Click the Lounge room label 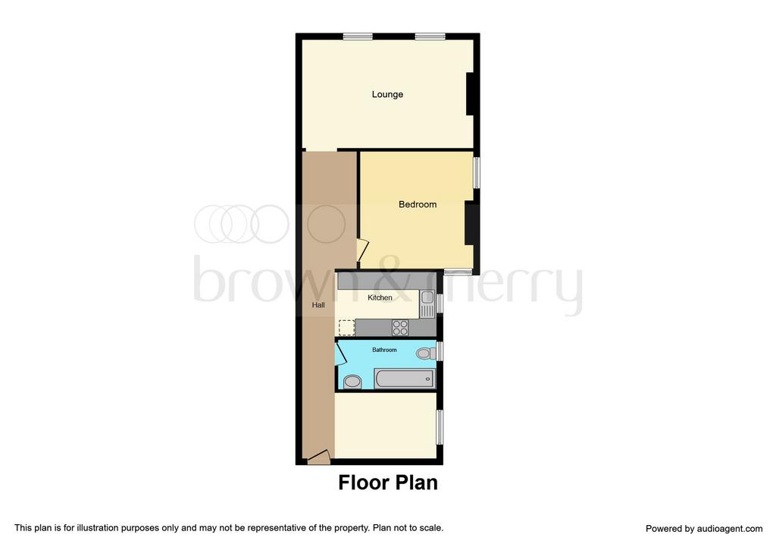pyautogui.click(x=387, y=94)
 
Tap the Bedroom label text pyautogui.click(x=418, y=204)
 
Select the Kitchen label pyautogui.click(x=380, y=297)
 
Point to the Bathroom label pyautogui.click(x=384, y=350)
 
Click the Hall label pyautogui.click(x=318, y=305)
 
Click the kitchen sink pyautogui.click(x=427, y=303)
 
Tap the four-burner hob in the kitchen pyautogui.click(x=400, y=328)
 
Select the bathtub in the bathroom pyautogui.click(x=405, y=379)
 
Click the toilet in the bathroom pyautogui.click(x=425, y=354)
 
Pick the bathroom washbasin pyautogui.click(x=352, y=382)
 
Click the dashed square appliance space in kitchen pyautogui.click(x=347, y=328)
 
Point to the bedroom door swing pyautogui.click(x=363, y=250)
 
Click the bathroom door pyautogui.click(x=340, y=354)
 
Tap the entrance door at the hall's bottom pyautogui.click(x=318, y=457)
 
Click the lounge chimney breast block pyautogui.click(x=470, y=94)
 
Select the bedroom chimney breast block pyautogui.click(x=470, y=224)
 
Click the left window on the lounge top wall pyautogui.click(x=358, y=36)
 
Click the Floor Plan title pyautogui.click(x=388, y=483)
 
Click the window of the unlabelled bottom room pyautogui.click(x=440, y=426)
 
